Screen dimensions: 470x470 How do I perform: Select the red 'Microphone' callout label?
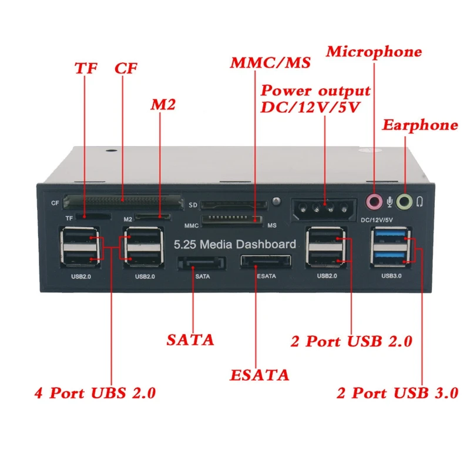click(x=374, y=52)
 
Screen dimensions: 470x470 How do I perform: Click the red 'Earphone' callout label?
click(x=420, y=125)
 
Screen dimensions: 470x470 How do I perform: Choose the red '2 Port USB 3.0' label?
click(x=397, y=393)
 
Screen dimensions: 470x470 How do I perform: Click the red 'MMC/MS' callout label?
click(x=271, y=63)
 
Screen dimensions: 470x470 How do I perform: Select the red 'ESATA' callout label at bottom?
click(x=260, y=375)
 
